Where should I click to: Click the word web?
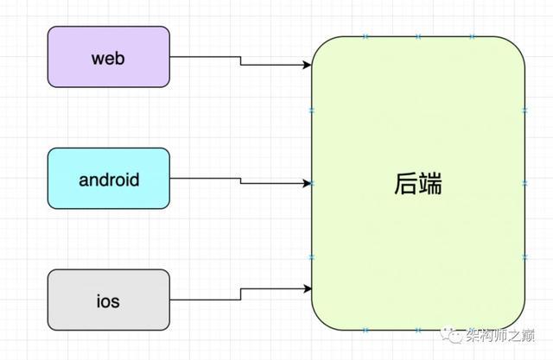tap(108, 58)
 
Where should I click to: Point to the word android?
tap(109, 180)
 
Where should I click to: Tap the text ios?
tap(108, 301)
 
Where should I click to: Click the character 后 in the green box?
tap(405, 184)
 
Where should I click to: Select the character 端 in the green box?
tap(429, 184)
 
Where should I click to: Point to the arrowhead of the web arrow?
tap(307, 65)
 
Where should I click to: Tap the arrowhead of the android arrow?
tap(307, 182)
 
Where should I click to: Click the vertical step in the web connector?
tap(240, 60)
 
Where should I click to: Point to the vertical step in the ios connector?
tap(240, 294)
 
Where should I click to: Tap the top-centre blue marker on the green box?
tap(418, 36)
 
